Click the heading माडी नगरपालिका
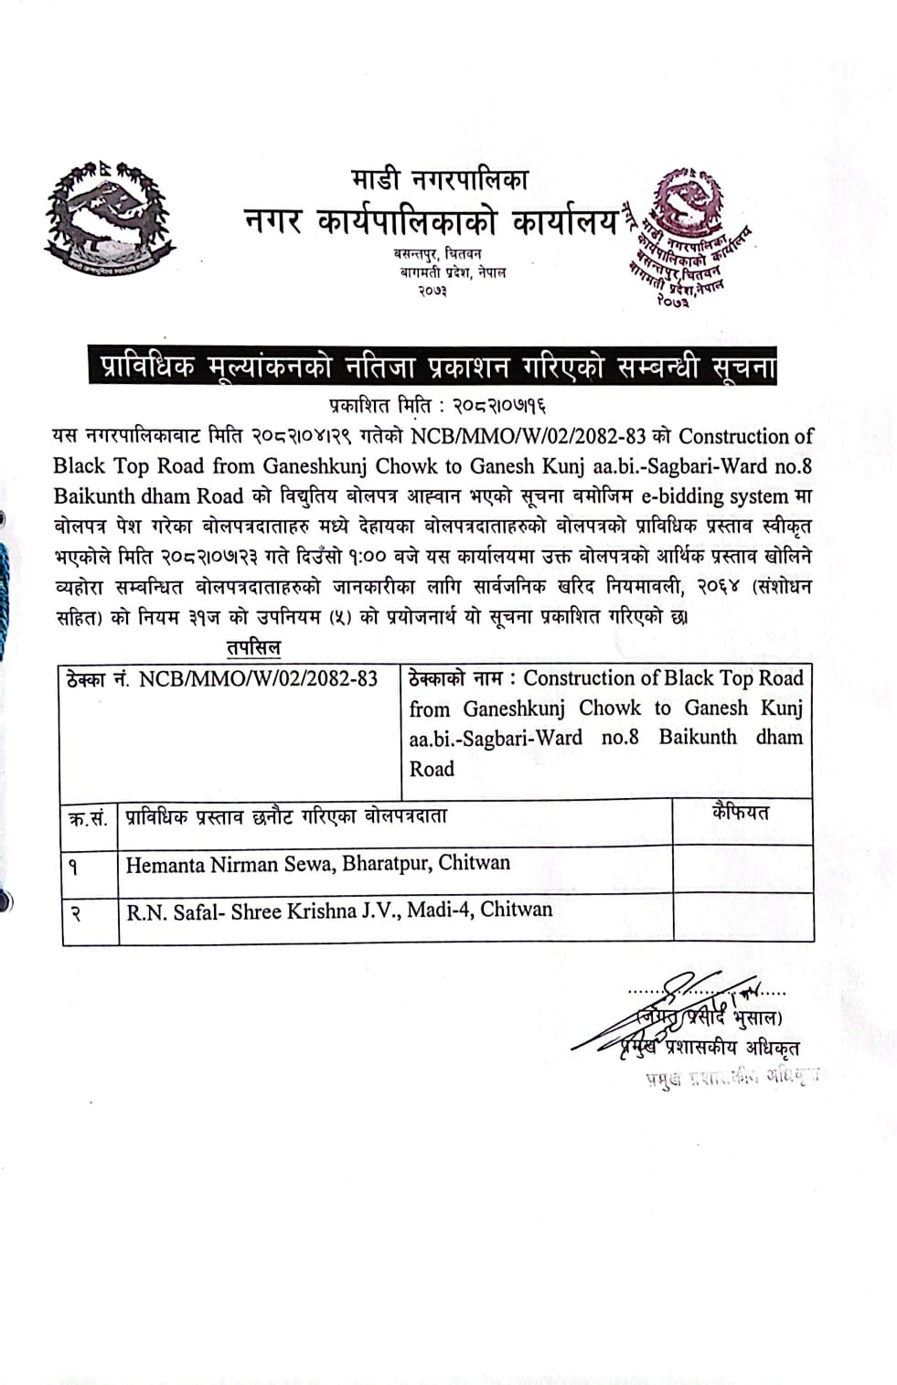coord(439,180)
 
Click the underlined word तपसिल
coord(253,647)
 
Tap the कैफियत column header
coord(741,813)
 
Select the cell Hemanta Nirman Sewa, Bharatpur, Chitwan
coord(318,864)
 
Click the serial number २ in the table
coord(76,911)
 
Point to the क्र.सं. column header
coord(88,817)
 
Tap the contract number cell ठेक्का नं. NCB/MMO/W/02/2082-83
coord(222,679)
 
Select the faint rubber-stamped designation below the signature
coord(731,1077)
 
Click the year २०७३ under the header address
coord(432,291)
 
